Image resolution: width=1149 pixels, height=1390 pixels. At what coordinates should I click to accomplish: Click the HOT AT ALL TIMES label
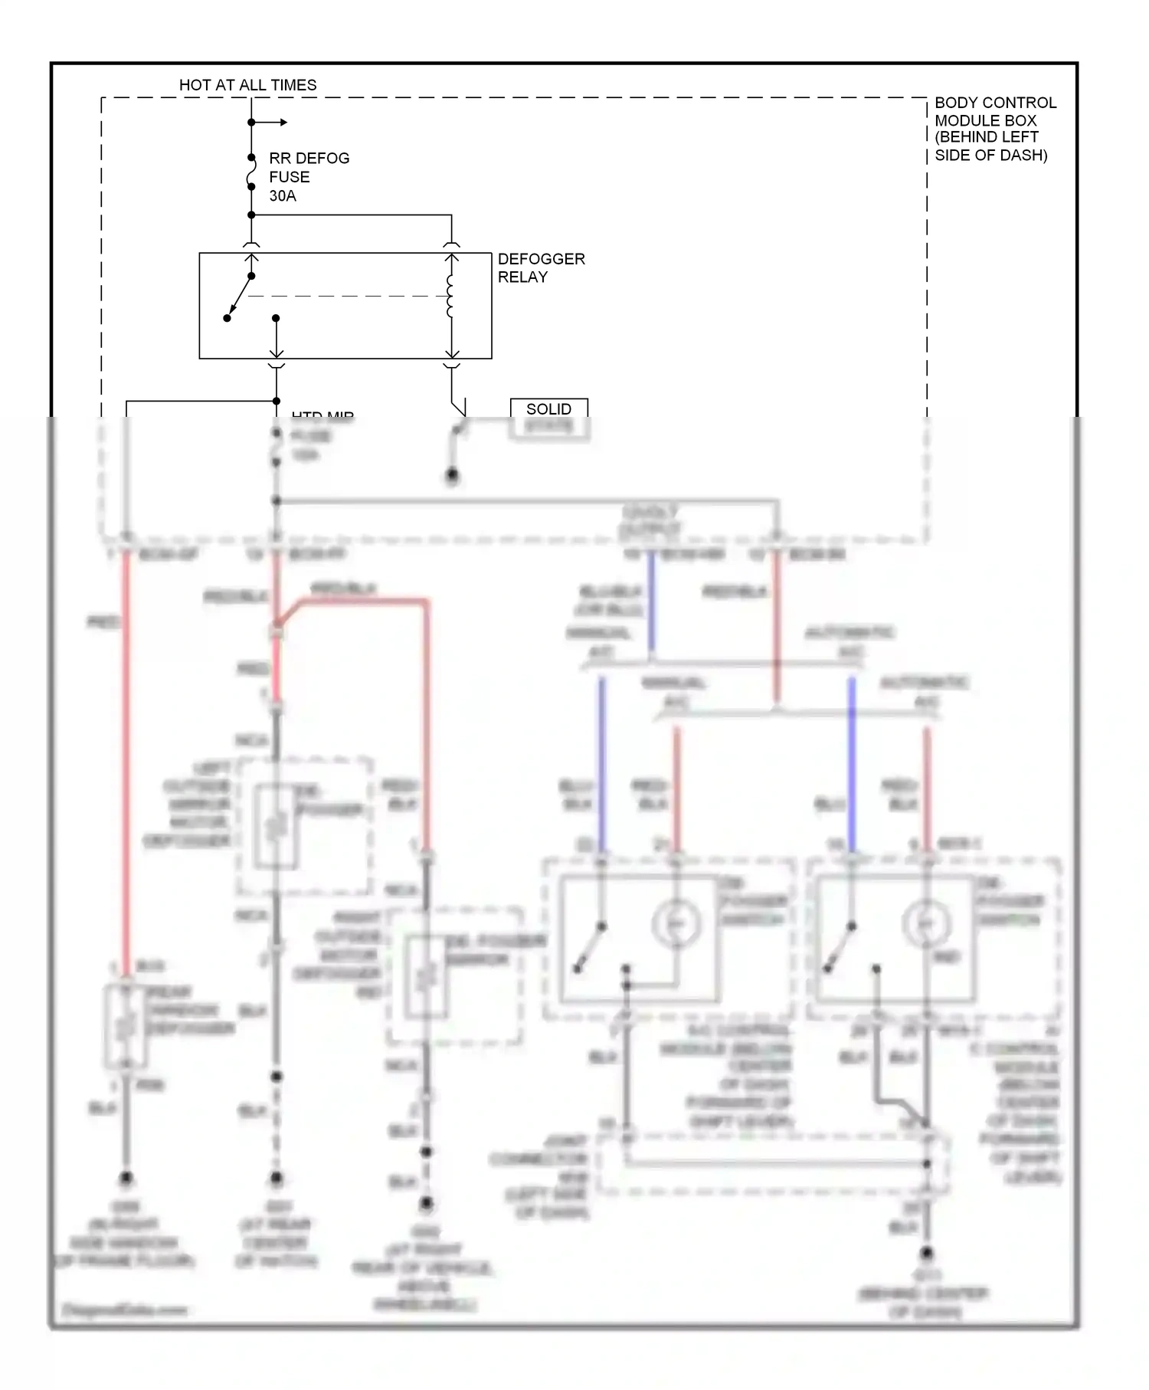(247, 85)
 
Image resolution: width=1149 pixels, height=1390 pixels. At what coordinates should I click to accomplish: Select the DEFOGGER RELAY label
(540, 268)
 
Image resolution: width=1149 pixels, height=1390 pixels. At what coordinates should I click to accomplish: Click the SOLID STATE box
(549, 418)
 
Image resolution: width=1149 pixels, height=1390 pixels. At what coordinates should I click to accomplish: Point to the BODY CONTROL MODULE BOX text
(994, 129)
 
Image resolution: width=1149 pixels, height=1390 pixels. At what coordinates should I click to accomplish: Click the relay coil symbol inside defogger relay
(450, 296)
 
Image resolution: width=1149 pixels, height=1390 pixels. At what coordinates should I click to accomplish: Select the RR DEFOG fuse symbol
(251, 177)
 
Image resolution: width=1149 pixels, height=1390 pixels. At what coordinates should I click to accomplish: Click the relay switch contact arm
(240, 297)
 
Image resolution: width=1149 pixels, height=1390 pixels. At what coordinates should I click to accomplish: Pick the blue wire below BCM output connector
(651, 605)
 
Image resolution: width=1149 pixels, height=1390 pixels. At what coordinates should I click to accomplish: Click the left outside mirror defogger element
(275, 826)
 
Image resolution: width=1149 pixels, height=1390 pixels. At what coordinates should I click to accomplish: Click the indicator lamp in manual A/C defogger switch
(676, 925)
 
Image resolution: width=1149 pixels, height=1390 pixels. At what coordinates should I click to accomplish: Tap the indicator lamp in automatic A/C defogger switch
(926, 925)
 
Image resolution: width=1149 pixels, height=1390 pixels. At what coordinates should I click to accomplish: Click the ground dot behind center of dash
(926, 1254)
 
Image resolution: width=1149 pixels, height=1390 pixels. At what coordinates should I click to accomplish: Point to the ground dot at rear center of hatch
(276, 1178)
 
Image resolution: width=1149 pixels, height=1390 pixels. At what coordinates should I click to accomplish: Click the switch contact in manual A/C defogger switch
(590, 948)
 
